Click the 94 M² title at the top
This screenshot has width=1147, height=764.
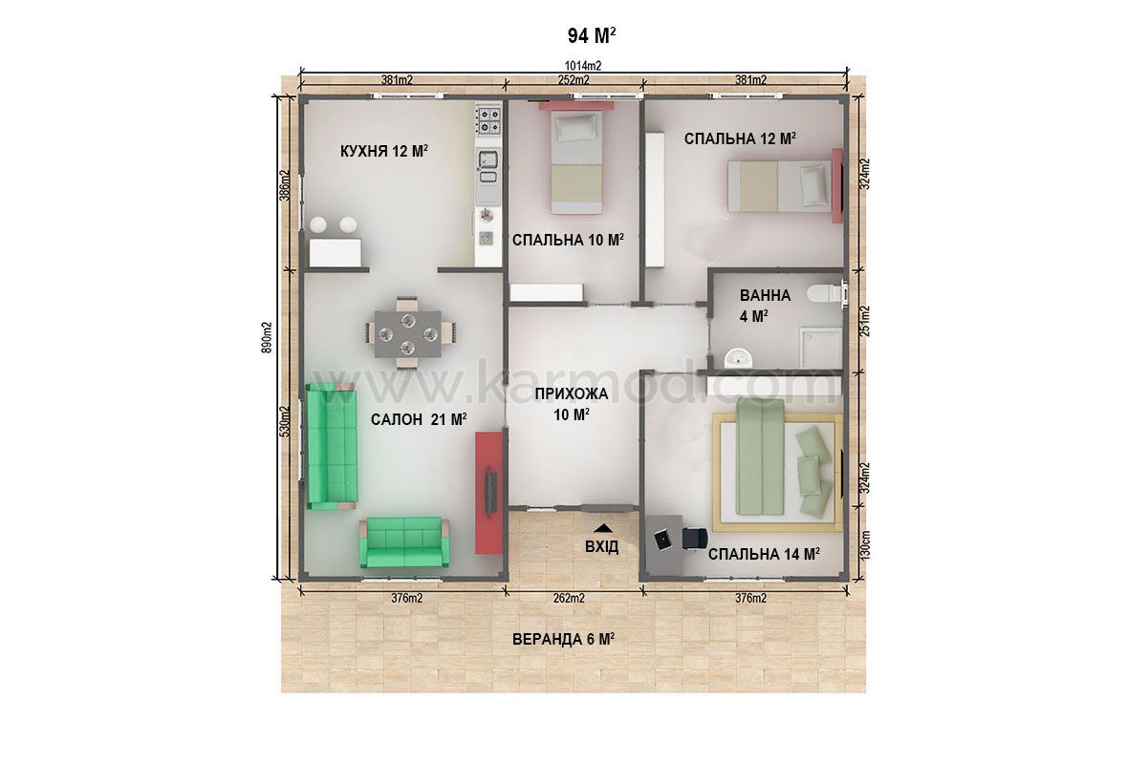point(592,35)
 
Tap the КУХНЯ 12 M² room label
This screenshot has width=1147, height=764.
point(384,151)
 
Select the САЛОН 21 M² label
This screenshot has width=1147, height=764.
point(419,419)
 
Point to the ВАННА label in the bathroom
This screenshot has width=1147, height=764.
point(765,295)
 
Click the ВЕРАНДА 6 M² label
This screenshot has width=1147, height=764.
point(563,639)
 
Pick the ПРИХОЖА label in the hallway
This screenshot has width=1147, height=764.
point(572,394)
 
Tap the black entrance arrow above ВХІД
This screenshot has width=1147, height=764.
point(603,527)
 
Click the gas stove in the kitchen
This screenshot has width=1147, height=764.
point(488,120)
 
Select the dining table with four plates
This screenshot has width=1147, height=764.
point(408,334)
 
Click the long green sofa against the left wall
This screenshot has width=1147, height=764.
point(332,446)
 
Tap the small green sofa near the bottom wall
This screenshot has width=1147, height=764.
point(404,541)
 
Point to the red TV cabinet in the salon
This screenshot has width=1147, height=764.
point(488,493)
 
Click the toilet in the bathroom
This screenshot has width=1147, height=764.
point(825,294)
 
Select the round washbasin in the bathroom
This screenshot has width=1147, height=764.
point(737,357)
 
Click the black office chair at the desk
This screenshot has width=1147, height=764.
point(695,539)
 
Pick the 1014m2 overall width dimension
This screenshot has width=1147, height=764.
point(583,66)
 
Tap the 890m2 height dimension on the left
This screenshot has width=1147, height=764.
point(267,338)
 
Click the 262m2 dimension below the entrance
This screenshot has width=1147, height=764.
point(569,598)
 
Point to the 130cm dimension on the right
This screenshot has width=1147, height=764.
point(864,544)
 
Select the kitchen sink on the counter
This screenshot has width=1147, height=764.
point(487,159)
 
